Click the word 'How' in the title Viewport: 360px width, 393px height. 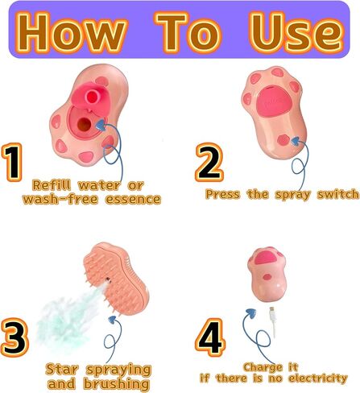(x=71, y=31)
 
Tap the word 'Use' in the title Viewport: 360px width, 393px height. (x=297, y=31)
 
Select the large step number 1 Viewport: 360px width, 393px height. (x=12, y=163)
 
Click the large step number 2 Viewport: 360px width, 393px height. (x=209, y=162)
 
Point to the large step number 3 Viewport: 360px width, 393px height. (x=14, y=337)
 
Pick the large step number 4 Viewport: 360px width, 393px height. (x=210, y=337)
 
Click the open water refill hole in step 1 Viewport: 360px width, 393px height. (x=85, y=125)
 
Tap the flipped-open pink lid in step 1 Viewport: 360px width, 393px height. (x=88, y=97)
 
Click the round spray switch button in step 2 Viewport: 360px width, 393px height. (x=283, y=140)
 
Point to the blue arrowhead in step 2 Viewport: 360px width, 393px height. (x=296, y=141)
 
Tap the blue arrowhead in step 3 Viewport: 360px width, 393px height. (x=112, y=320)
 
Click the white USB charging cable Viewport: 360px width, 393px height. (x=273, y=321)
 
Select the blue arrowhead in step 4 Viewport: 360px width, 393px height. (x=250, y=313)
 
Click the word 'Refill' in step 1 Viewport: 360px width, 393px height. (x=52, y=185)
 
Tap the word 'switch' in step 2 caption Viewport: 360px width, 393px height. (x=338, y=194)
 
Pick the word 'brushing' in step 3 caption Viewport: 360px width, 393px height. (x=116, y=383)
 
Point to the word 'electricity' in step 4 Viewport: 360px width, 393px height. (x=318, y=379)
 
